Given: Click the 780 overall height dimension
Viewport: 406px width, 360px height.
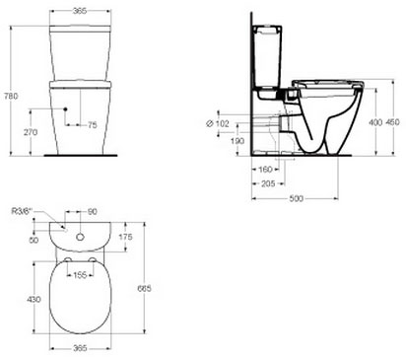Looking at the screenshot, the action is [x=11, y=96].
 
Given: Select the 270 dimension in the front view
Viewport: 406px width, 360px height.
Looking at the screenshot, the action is [x=31, y=132].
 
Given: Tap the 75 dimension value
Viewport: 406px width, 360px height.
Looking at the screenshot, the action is [x=93, y=125].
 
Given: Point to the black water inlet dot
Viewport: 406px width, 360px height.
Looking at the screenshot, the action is [x=65, y=108].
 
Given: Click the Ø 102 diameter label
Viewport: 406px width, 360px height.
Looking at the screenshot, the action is [x=217, y=123].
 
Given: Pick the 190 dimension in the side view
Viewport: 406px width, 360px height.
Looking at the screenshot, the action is [x=237, y=141].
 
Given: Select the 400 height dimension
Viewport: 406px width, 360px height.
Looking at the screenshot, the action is [x=375, y=122].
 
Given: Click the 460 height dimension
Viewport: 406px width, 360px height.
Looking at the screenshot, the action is [x=392, y=122].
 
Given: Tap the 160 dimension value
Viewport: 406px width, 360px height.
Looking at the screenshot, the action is [x=265, y=170].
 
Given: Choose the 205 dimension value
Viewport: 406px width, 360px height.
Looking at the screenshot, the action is [x=268, y=183].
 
